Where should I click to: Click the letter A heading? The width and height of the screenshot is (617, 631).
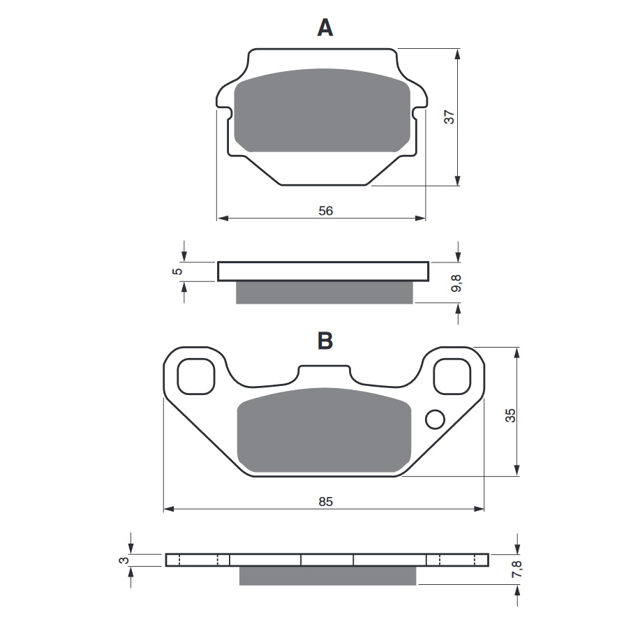pyautogui.click(x=325, y=28)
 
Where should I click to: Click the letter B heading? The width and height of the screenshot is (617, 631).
pyautogui.click(x=325, y=341)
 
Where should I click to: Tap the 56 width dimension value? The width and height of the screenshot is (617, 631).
pyautogui.click(x=326, y=211)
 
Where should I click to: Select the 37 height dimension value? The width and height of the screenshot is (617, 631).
pyautogui.click(x=449, y=117)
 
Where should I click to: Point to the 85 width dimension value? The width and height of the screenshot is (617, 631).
pyautogui.click(x=326, y=501)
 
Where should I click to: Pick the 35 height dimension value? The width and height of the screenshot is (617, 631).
pyautogui.click(x=510, y=415)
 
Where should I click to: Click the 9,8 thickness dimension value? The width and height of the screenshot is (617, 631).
pyautogui.click(x=456, y=283)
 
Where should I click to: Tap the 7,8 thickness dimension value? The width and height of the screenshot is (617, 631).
pyautogui.click(x=516, y=569)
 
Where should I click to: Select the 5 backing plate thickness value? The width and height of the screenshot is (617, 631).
pyautogui.click(x=177, y=272)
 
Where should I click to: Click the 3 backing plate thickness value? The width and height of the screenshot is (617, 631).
pyautogui.click(x=125, y=560)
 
